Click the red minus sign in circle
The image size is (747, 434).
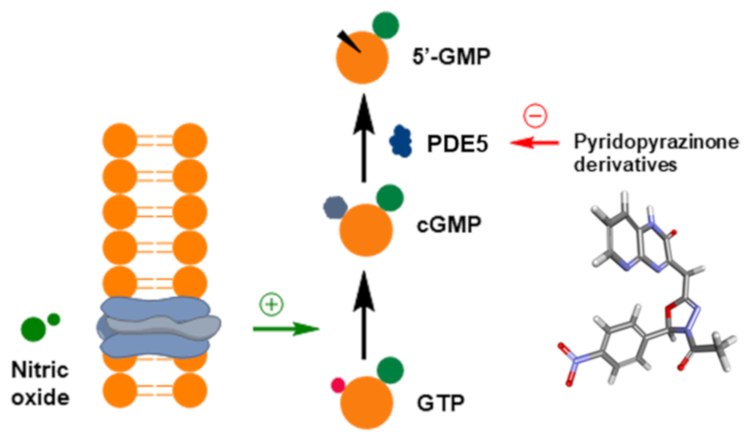533,116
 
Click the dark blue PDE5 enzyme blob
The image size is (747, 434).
400,142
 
